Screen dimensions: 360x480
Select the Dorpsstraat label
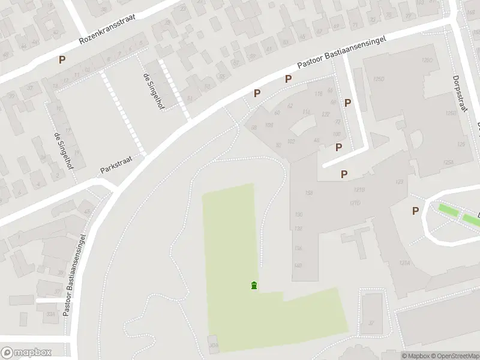pyautogui.click(x=459, y=94)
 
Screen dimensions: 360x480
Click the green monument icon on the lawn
pyautogui.click(x=254, y=285)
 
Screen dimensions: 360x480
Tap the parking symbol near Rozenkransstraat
pyautogui.click(x=62, y=60)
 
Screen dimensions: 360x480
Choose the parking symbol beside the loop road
pyautogui.click(x=415, y=211)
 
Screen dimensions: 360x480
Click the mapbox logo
pyautogui.click(x=26, y=353)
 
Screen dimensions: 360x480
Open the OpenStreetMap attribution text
pyautogui.click(x=454, y=356)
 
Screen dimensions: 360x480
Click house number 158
pyautogui.click(x=309, y=193)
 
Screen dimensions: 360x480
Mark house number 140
pyautogui.click(x=298, y=265)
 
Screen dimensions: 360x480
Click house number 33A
pyautogui.click(x=50, y=313)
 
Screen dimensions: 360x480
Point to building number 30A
pyautogui.click(x=214, y=346)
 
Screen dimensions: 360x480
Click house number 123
pyautogui.click(x=399, y=182)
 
